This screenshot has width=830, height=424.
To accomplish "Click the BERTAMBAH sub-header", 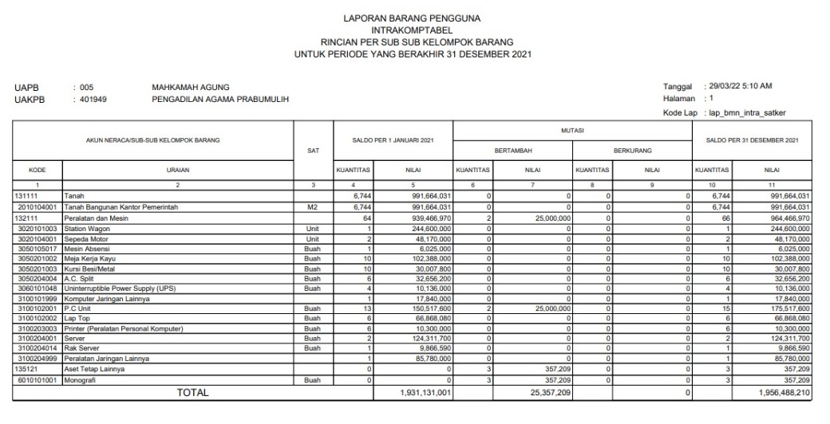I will point(512,148).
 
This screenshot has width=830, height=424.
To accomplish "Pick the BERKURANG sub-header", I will point(632,148).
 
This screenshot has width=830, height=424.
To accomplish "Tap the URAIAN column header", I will point(178,170).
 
